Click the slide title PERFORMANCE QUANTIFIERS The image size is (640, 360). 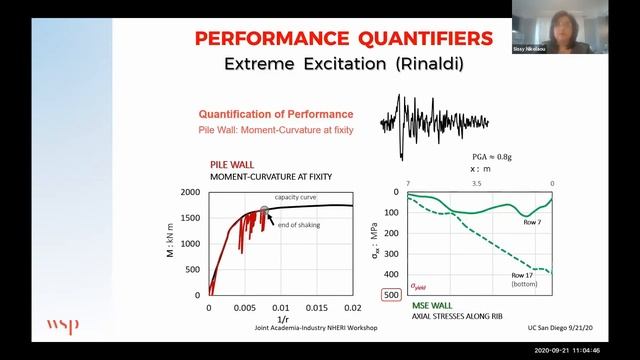[x=342, y=39]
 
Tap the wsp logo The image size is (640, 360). [x=62, y=326]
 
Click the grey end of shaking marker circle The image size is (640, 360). [x=265, y=210]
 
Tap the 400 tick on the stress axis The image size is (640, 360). [x=366, y=273]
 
